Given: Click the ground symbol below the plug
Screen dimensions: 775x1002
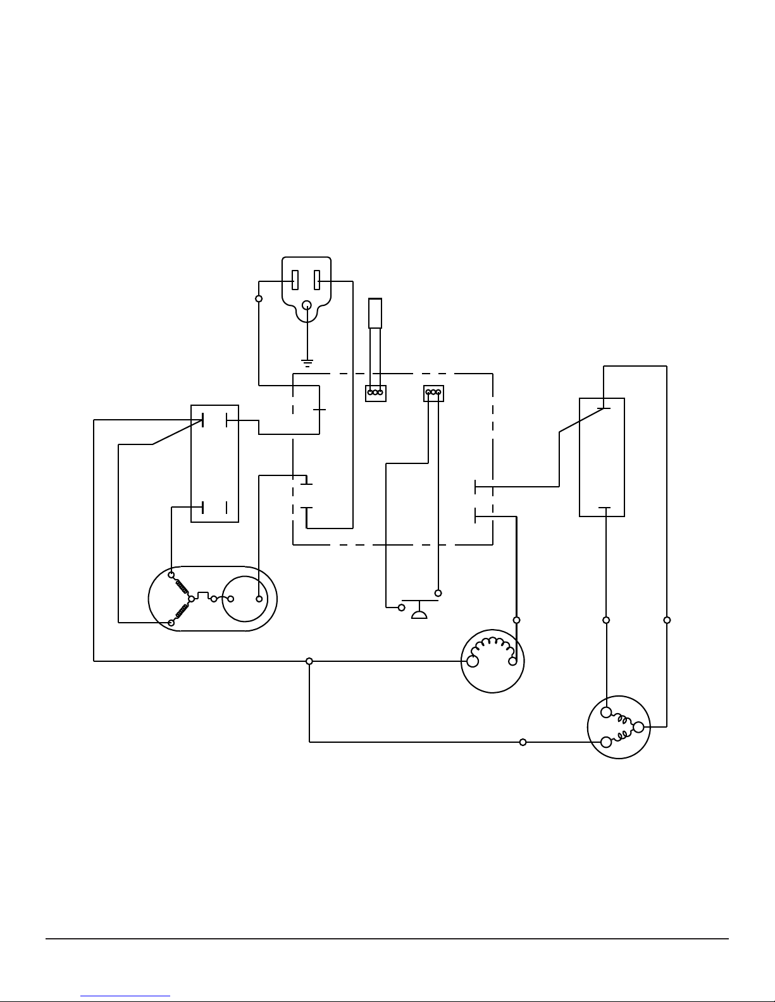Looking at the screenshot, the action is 307,364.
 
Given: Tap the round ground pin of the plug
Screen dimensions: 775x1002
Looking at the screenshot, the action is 307,305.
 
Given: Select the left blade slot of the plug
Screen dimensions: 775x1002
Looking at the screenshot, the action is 295,279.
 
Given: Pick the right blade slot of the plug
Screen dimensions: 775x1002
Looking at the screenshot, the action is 318,279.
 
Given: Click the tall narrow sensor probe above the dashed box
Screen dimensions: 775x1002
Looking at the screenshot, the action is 375,314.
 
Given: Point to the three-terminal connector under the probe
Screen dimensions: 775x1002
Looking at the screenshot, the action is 375,393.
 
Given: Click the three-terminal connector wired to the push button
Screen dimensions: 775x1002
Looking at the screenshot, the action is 433,393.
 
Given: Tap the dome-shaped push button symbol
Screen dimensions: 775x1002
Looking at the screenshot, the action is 419,613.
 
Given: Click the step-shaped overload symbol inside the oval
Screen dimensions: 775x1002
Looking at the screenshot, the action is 203,596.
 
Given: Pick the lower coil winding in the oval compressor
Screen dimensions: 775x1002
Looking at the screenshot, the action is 182,611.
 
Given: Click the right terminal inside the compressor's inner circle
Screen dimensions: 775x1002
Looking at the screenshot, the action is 259,599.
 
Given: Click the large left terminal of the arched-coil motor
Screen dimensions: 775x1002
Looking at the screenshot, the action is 472,661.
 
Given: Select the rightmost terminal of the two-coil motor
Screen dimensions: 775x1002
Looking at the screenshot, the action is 638,727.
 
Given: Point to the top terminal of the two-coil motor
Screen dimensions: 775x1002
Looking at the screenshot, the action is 606,712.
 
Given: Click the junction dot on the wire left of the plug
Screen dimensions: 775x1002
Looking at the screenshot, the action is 259,298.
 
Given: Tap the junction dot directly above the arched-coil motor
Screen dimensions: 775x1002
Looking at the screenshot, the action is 516,620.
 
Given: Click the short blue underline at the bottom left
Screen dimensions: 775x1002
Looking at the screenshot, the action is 125,996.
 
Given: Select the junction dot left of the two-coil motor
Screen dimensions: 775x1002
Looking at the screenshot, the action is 523,742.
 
